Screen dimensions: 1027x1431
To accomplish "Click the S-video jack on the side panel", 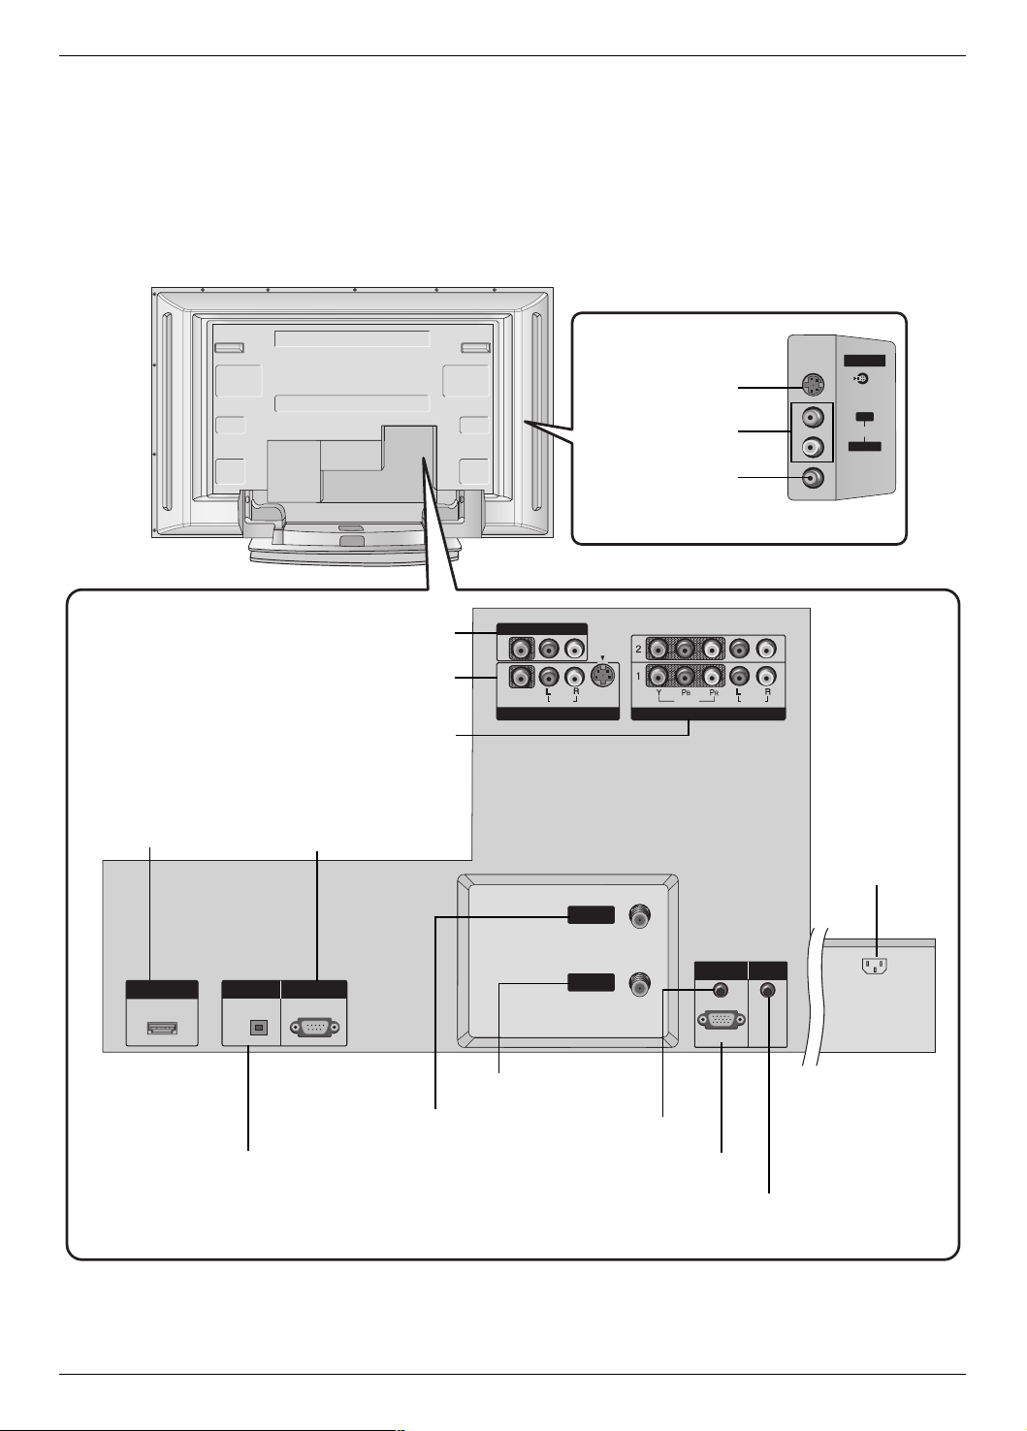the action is point(813,385).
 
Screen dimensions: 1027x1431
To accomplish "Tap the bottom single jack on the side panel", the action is point(813,477).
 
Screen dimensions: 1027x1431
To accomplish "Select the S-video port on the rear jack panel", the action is point(603,676).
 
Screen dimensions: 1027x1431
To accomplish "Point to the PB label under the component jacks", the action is point(686,692).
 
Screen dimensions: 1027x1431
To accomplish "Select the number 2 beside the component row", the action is point(638,650).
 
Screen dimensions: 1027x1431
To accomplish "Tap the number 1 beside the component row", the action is point(638,676).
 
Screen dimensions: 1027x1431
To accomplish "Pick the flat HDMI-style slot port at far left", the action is point(162,1028).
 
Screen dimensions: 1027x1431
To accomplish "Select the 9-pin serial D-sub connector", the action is point(314,1028).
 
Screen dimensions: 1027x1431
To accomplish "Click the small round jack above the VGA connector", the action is point(721,990).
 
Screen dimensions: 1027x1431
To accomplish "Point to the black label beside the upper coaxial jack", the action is point(592,915).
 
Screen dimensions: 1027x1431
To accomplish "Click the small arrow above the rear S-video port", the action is point(602,658).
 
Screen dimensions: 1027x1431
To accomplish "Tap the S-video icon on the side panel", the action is point(861,379).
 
